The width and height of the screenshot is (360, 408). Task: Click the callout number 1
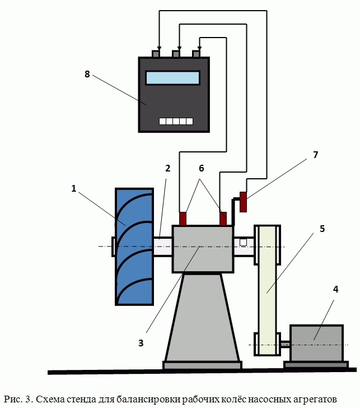pos(73,189)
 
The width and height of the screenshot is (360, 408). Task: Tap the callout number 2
pos(167,168)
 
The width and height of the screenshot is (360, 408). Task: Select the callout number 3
pos(142,342)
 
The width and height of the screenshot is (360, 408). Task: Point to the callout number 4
pos(335,290)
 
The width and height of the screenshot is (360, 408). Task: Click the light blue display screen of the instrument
pos(173,77)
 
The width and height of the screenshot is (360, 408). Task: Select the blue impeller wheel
pos(134,247)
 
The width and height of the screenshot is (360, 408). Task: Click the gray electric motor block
pos(316,343)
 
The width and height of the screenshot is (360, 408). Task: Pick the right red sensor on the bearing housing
pos(223,218)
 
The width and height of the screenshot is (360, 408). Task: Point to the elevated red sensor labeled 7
pos(243,202)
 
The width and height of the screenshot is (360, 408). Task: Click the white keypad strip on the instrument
pos(176,121)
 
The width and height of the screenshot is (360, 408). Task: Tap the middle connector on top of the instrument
pos(176,54)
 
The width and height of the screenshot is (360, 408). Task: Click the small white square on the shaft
pos(243,242)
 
